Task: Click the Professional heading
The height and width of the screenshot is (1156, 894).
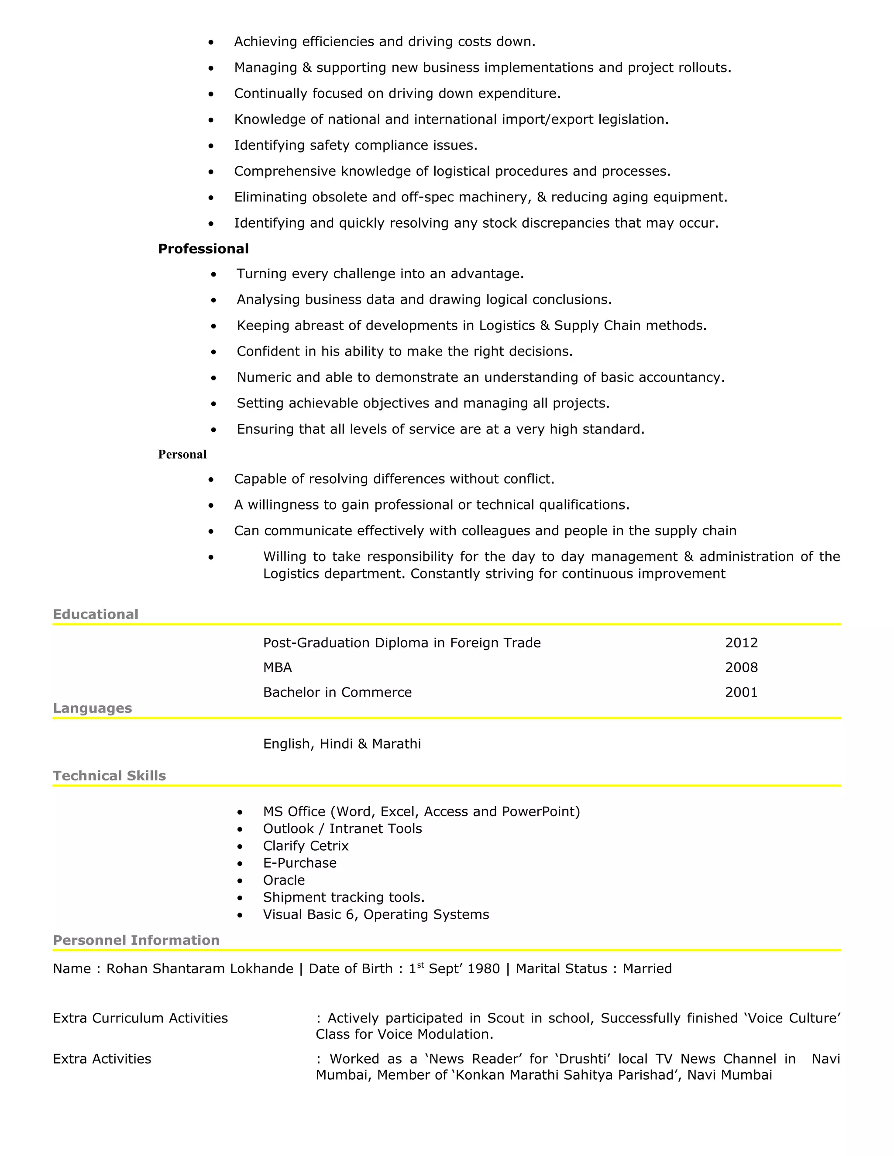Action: click(203, 249)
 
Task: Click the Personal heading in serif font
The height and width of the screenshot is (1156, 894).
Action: click(182, 454)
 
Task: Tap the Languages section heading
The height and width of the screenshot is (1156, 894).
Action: click(92, 708)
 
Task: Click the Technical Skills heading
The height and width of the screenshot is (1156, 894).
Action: click(109, 776)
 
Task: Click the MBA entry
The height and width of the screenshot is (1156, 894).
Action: click(277, 667)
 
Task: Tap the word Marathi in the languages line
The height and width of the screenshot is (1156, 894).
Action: click(396, 744)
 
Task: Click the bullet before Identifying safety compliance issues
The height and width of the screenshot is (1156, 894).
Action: click(211, 146)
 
